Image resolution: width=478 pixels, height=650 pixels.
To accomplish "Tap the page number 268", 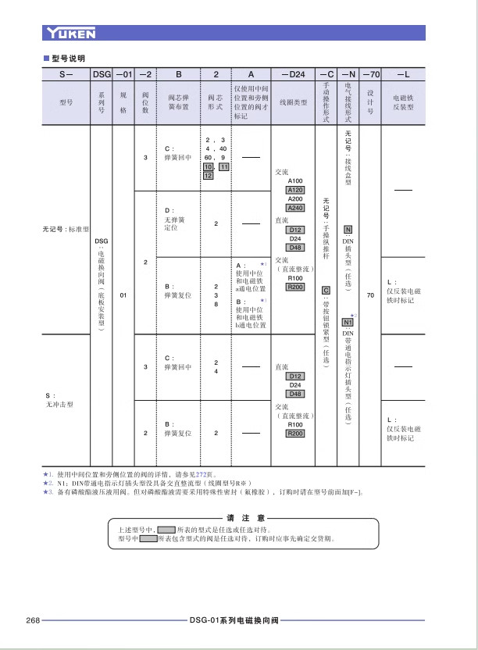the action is tap(33, 620).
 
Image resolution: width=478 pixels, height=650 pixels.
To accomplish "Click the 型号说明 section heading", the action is tap(67, 58).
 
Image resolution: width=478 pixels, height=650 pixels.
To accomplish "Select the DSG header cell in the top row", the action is tap(102, 74).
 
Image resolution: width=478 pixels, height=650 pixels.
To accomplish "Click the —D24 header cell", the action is tap(292, 74).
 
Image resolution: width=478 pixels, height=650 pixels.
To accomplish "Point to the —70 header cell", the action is tap(371, 74).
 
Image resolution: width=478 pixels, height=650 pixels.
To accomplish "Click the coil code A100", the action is tap(295, 180).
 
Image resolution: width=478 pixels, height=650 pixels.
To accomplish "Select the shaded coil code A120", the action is tap(295, 190).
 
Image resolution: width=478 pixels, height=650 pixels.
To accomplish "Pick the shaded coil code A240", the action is tap(295, 208).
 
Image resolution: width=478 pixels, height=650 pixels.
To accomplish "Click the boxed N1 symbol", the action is tap(348, 322).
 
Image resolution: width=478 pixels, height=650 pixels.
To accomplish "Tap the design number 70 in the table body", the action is tap(371, 295).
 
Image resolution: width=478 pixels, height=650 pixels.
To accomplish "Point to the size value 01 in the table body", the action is tap(123, 295).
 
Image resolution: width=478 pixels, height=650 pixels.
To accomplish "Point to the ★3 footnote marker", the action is tap(47, 491).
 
